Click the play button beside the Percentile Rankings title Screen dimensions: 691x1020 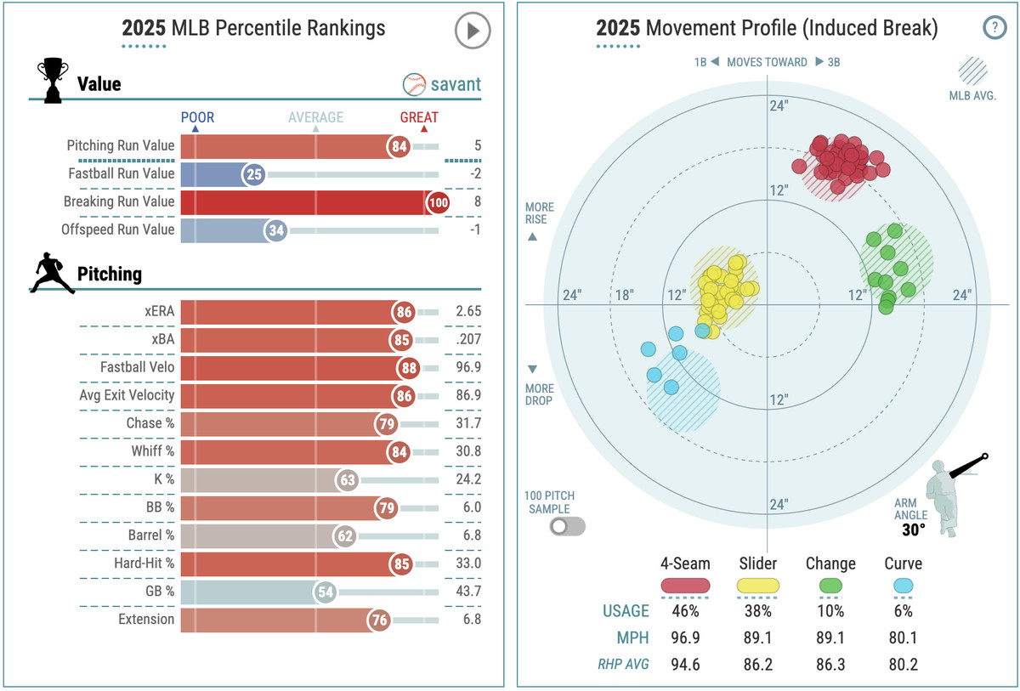472,31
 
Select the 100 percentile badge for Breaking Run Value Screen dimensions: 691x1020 439,202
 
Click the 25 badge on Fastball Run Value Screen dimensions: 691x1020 253,174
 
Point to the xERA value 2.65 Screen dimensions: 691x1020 467,311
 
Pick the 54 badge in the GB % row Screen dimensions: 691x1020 325,592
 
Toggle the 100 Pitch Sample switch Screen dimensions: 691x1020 567,526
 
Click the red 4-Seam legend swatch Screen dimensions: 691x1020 685,585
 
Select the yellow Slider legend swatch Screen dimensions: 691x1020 756,585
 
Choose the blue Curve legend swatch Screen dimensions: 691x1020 902,585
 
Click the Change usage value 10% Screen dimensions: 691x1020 830,611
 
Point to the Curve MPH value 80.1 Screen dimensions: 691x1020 902,637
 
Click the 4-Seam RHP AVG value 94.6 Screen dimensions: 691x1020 685,665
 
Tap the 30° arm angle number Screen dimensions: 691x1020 914,530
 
